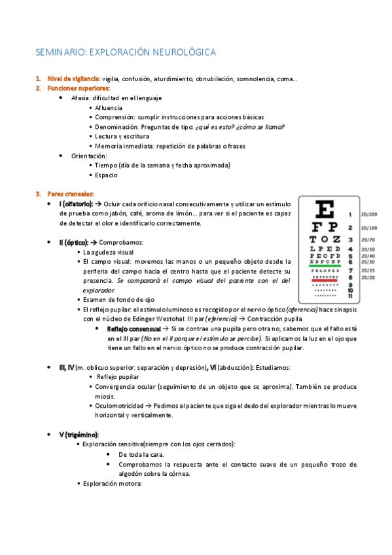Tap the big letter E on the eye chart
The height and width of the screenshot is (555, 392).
tap(325, 210)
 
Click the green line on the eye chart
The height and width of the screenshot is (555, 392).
tap(325, 266)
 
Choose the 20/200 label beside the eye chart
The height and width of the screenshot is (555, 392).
tap(368, 214)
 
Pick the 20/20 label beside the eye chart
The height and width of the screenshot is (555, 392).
tap(368, 277)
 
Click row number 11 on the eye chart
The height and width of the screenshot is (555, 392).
tap(351, 296)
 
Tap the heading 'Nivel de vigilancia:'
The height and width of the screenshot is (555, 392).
tap(73, 79)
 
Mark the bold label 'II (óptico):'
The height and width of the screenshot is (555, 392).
tap(73, 242)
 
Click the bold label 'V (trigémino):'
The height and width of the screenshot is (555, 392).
tap(79, 435)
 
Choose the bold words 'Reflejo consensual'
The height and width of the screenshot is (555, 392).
tap(133, 328)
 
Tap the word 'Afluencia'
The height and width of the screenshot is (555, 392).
tap(108, 107)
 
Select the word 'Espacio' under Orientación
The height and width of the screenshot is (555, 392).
tap(106, 175)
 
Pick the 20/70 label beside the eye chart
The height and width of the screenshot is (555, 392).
tap(368, 240)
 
